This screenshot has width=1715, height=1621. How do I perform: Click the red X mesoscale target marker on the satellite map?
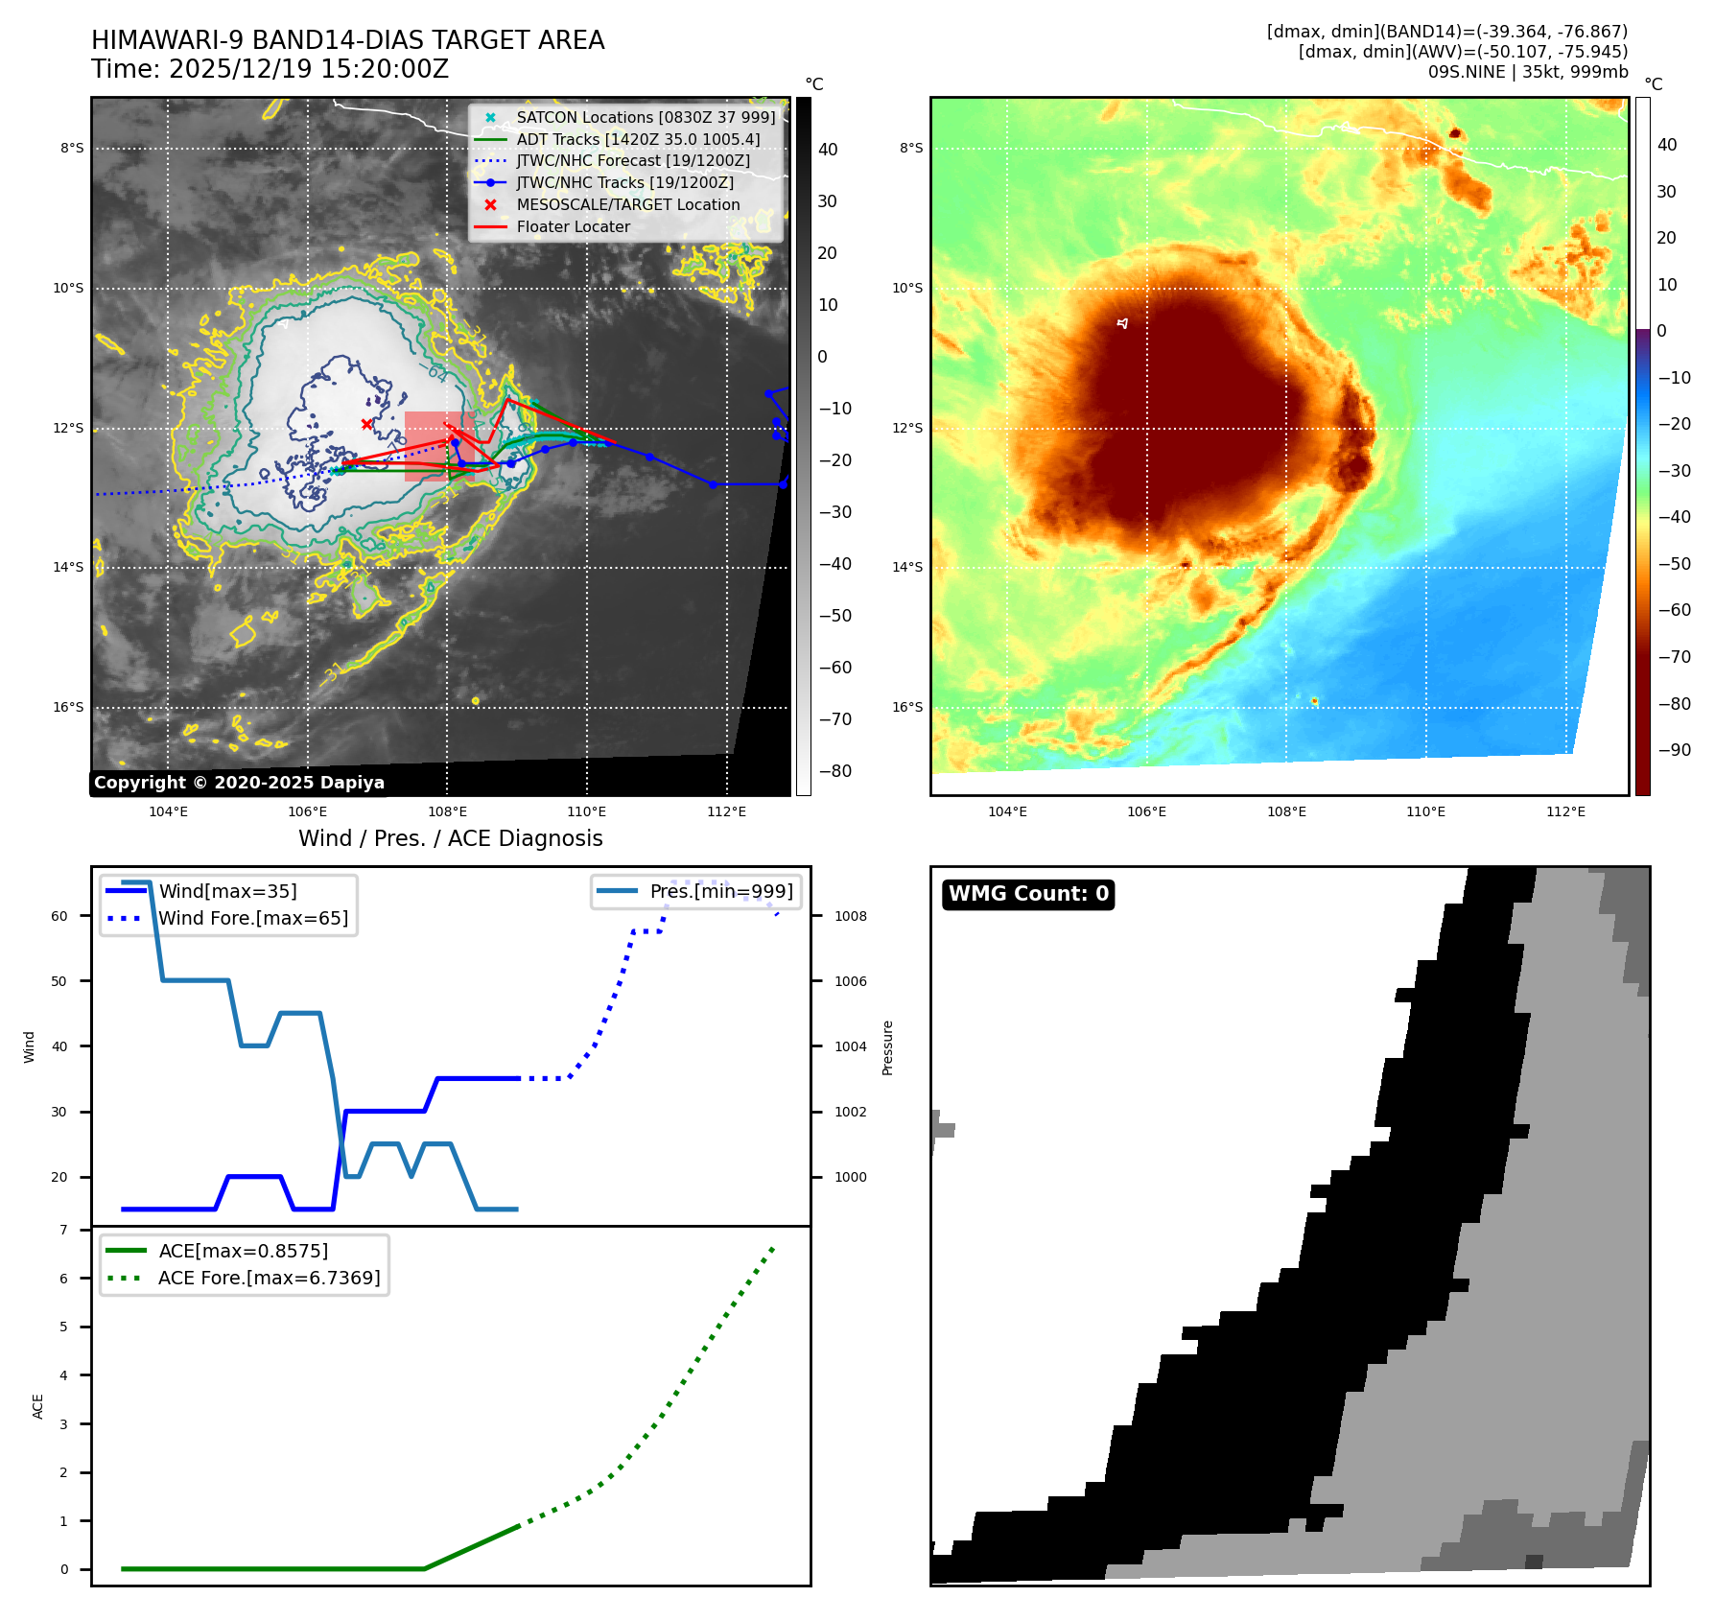[366, 424]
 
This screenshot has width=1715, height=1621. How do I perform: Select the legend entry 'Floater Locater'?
[573, 227]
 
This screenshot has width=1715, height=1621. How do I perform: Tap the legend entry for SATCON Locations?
[646, 117]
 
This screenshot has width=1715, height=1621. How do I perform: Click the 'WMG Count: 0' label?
[1028, 894]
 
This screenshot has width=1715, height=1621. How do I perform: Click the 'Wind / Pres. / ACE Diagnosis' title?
[450, 838]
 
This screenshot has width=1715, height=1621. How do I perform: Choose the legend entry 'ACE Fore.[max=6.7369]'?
[269, 1278]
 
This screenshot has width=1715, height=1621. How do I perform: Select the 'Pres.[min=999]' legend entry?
[721, 891]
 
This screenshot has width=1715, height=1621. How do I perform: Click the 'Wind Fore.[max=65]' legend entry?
[253, 918]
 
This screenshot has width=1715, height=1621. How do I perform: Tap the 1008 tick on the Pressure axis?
[850, 916]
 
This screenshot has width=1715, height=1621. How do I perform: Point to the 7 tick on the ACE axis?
[64, 1230]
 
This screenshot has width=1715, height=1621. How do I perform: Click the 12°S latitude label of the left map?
[68, 428]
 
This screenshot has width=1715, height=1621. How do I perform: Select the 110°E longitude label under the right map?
[1425, 811]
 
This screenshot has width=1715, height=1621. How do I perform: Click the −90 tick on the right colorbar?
[1675, 750]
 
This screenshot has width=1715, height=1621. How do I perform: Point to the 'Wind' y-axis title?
[29, 1046]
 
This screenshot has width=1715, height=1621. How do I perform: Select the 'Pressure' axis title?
[887, 1047]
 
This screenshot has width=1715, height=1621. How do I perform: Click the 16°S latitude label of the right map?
[907, 707]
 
